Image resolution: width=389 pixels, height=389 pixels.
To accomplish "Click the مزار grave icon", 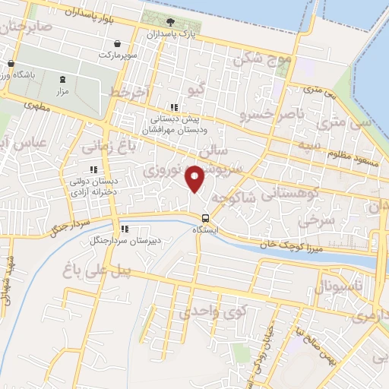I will tap(62, 79).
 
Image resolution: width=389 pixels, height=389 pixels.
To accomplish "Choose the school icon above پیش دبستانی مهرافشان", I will tap(174, 108).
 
